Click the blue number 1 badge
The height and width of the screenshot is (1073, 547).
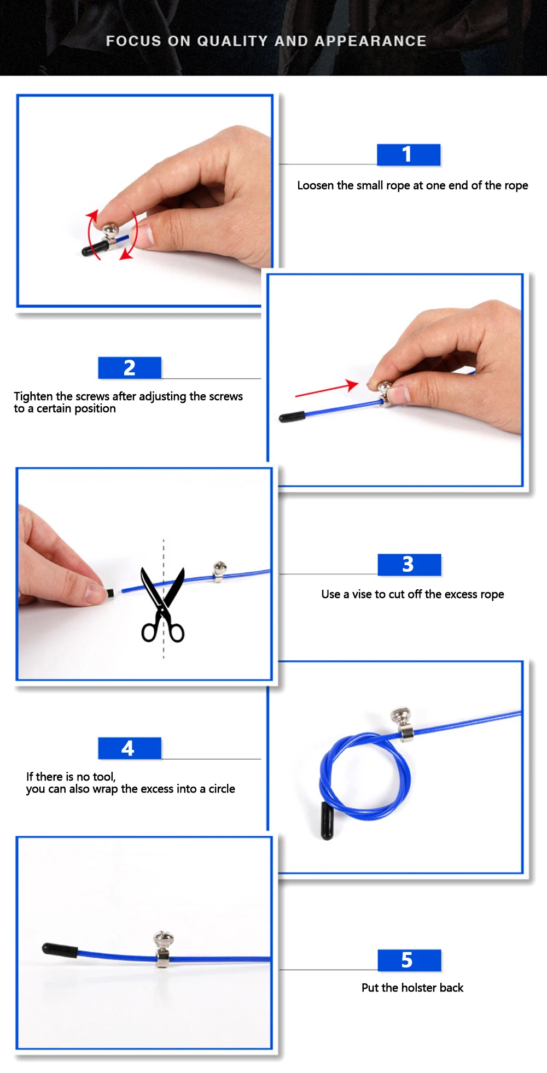point(409,155)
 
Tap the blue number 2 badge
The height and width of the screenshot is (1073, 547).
point(130,368)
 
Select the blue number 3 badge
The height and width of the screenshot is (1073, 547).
point(409,565)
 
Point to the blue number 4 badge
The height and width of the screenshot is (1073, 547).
point(130,748)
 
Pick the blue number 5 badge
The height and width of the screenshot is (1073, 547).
point(409,960)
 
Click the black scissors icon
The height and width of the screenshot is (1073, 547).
point(162,605)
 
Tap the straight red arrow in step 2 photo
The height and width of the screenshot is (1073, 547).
point(327,389)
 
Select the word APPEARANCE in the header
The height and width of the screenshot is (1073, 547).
point(370,41)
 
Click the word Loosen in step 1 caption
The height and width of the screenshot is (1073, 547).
point(316,185)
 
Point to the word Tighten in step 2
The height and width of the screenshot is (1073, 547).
point(33,397)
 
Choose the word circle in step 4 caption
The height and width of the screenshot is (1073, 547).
point(222,789)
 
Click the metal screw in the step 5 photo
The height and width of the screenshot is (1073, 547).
point(163,948)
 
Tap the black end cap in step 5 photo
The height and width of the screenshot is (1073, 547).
point(60,950)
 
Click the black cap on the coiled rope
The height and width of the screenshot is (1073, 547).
point(327,820)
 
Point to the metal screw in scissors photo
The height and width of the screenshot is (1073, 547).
point(219,571)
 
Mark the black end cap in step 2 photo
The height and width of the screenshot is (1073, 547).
point(292,418)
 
